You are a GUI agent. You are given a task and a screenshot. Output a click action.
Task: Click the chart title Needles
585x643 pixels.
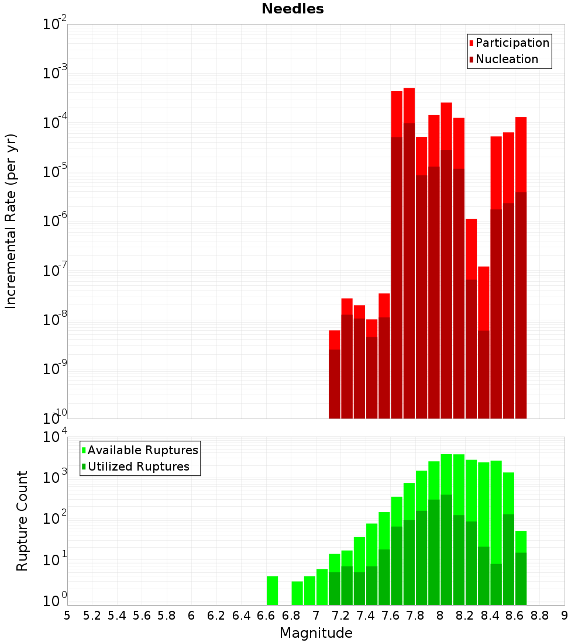(x=292, y=9)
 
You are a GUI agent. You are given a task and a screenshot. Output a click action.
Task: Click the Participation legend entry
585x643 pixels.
(x=512, y=43)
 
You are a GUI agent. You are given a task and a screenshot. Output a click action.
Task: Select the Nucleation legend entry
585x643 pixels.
(x=507, y=59)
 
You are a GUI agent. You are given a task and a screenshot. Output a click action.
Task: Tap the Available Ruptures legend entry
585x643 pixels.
(x=143, y=450)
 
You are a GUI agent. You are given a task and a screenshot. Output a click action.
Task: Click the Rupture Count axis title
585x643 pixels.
(x=22, y=521)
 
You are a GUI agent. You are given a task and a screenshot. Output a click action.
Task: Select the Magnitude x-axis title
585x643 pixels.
(x=316, y=633)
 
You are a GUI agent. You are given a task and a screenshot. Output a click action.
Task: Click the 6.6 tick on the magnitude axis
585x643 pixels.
(x=266, y=616)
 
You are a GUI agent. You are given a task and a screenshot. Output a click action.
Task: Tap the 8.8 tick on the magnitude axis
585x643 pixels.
(x=539, y=616)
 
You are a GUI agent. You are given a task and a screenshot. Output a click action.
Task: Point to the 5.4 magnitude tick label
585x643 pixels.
(x=117, y=616)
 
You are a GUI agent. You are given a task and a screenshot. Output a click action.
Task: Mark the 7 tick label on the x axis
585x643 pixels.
(x=316, y=616)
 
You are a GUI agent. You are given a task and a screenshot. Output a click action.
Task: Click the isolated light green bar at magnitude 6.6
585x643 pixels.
(x=272, y=590)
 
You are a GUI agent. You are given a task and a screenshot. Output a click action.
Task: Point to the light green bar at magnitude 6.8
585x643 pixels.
(x=297, y=593)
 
